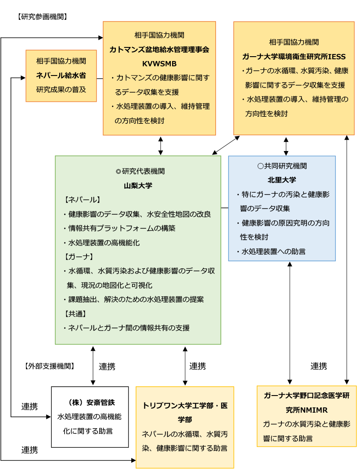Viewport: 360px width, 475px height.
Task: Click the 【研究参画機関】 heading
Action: (x=42, y=17)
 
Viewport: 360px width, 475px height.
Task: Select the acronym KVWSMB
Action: (x=159, y=64)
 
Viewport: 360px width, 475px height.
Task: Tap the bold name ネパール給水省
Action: (x=61, y=75)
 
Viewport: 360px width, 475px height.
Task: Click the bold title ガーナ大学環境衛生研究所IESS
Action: (x=294, y=57)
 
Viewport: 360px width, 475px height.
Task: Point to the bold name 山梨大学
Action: (x=138, y=185)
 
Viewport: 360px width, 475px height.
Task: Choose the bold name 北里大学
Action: (x=282, y=180)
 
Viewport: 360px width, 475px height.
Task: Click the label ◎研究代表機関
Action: (x=140, y=171)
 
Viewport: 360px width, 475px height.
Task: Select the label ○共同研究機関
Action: (x=282, y=166)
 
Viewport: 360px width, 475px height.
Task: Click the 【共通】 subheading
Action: (x=75, y=314)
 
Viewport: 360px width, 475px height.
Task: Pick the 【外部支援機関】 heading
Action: (x=50, y=366)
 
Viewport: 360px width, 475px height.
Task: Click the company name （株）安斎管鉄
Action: (x=90, y=402)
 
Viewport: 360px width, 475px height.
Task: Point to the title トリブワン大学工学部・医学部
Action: (x=185, y=413)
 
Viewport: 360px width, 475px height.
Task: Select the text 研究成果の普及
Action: (x=61, y=90)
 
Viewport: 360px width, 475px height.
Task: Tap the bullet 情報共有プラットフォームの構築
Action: (x=120, y=228)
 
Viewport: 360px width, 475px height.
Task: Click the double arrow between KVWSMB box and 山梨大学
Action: (x=160, y=146)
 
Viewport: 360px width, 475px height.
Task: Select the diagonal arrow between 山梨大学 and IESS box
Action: (x=226, y=145)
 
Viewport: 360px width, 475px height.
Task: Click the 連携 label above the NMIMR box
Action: (x=318, y=366)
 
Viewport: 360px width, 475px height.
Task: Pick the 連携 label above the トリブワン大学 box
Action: (x=198, y=366)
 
